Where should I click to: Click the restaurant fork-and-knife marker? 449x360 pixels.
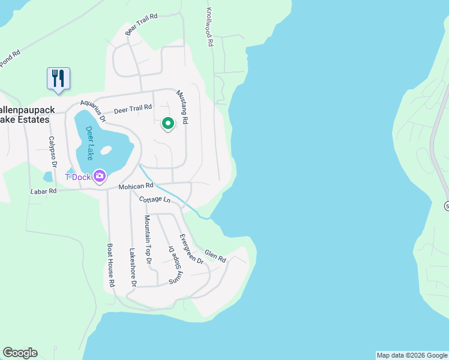coord(58,79)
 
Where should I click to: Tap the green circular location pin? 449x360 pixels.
coord(168,124)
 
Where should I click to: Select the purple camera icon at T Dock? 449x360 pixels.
coord(100,176)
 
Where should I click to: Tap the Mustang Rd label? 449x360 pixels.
coord(182,107)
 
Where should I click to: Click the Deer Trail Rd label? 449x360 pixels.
coord(131,109)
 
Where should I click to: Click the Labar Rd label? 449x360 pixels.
coord(43,191)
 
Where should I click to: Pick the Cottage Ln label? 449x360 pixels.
coord(155,199)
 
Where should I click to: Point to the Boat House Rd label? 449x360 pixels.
coord(111,264)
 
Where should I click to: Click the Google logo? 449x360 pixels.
coord(20,353)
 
